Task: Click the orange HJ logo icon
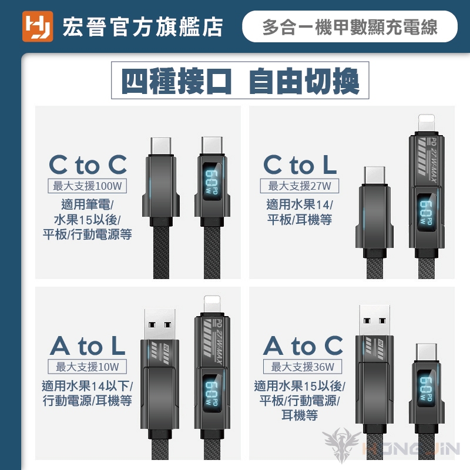(38, 26)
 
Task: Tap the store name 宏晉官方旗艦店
(143, 27)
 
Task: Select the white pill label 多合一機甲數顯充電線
(350, 26)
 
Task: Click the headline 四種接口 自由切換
(240, 80)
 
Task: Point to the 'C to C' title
(88, 164)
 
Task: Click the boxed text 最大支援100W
(87, 186)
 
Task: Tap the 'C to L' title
(300, 164)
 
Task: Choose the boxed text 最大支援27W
(300, 186)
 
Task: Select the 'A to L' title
(88, 345)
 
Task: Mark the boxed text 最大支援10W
(87, 367)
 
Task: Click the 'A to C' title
(303, 345)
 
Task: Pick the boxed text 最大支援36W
(303, 367)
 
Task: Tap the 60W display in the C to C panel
(211, 182)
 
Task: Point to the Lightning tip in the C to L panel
(427, 124)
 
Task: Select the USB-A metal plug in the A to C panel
(375, 320)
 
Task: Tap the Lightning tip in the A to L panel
(212, 305)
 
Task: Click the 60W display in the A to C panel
(427, 389)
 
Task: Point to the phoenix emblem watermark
(342, 444)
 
